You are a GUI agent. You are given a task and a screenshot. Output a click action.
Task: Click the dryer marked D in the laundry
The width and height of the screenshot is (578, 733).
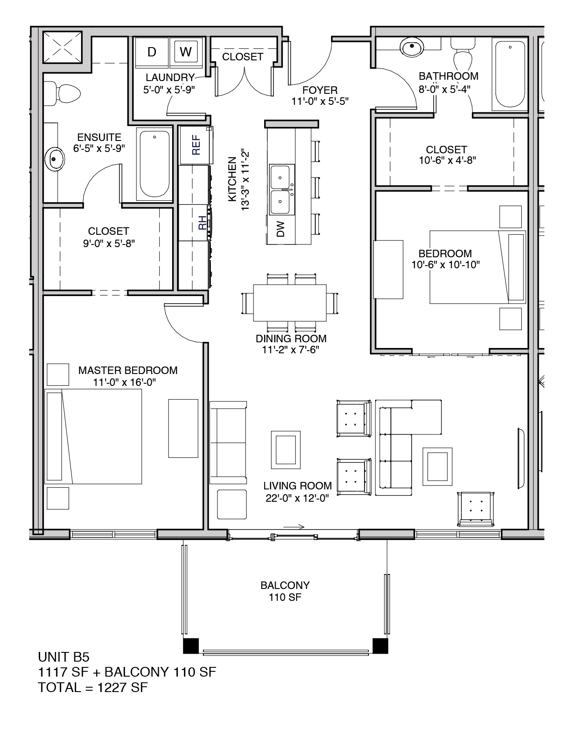click(152, 52)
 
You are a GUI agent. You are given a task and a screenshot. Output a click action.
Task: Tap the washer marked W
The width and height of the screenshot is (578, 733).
click(186, 52)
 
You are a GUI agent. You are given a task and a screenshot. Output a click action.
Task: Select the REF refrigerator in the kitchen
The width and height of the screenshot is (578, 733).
click(196, 145)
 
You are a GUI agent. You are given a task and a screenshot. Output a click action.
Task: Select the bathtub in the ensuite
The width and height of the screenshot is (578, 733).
click(155, 164)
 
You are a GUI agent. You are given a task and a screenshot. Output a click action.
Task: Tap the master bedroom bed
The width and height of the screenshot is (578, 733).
click(95, 437)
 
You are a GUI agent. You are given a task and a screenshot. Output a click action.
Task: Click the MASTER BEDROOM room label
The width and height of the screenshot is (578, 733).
click(128, 370)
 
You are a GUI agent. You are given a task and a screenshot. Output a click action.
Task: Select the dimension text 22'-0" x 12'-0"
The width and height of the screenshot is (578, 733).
click(297, 498)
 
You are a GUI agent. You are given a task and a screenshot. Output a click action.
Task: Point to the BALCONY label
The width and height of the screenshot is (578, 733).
click(285, 585)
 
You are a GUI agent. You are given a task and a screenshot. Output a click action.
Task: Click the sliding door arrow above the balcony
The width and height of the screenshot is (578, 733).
click(294, 526)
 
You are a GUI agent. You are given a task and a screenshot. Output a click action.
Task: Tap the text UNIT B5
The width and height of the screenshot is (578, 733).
click(64, 657)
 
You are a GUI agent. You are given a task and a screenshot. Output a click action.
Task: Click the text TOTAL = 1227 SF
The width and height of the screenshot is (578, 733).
click(93, 687)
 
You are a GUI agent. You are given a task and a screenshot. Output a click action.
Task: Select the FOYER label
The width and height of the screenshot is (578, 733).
click(320, 90)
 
